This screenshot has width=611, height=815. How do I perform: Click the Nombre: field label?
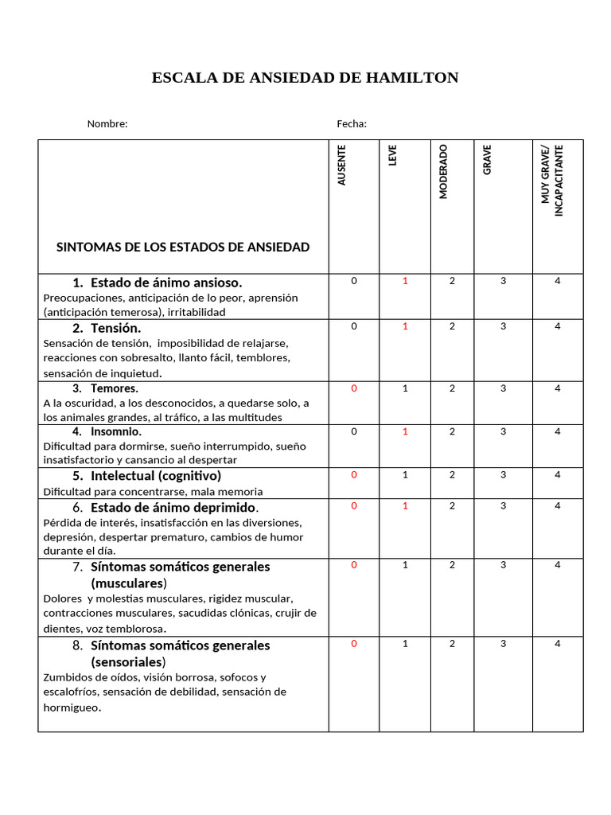coord(107,123)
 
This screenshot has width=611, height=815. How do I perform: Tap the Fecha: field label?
coord(352,123)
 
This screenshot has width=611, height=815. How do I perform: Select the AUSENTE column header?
coord(342,165)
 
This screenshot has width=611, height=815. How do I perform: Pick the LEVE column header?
coord(392,155)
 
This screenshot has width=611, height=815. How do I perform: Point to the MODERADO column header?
coord(443,171)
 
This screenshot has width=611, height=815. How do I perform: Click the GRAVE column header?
coord(487,159)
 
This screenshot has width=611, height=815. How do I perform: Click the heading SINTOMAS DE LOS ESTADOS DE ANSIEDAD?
coord(183,247)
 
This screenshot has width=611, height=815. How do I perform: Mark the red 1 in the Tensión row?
coord(405,326)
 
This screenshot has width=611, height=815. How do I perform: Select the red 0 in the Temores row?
coord(354,388)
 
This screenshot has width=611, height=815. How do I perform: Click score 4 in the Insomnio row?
coord(558,431)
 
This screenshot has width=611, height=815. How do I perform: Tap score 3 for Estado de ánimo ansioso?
coord(503,281)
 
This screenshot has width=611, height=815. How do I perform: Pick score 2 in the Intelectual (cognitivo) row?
coord(452,474)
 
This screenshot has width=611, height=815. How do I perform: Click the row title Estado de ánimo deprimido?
coord(173,508)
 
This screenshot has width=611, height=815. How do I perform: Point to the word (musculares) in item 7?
coord(129,583)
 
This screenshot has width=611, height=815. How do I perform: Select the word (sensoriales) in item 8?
coord(128,662)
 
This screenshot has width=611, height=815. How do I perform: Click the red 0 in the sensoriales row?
coord(354,644)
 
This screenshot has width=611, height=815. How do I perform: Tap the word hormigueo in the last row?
coord(72,707)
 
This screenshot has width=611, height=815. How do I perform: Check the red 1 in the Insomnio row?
coord(405,431)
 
